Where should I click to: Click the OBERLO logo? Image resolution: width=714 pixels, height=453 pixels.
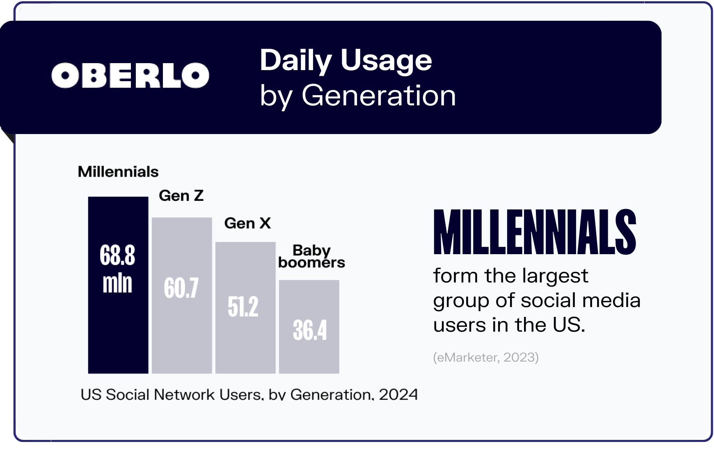(x=130, y=75)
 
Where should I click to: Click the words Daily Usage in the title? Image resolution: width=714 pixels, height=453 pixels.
(x=346, y=61)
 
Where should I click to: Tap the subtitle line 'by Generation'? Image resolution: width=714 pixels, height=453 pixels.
(x=357, y=96)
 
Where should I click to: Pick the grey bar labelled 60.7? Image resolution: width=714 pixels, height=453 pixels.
(x=182, y=328)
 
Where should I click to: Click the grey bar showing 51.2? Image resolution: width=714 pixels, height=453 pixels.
(x=245, y=344)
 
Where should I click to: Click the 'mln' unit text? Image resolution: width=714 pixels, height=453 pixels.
(x=117, y=283)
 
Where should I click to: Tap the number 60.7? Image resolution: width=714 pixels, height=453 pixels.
(x=181, y=288)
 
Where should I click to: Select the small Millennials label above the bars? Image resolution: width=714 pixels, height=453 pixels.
(x=118, y=172)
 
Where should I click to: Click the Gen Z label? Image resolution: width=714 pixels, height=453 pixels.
(x=181, y=196)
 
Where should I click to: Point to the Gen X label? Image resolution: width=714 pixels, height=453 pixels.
(x=247, y=223)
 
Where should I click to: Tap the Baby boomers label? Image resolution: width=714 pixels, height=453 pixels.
(x=311, y=257)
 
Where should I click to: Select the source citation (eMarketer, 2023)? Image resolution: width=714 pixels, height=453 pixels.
(x=485, y=357)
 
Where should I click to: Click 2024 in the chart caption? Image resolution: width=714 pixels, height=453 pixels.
(x=398, y=394)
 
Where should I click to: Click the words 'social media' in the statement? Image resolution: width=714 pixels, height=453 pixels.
(x=580, y=300)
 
